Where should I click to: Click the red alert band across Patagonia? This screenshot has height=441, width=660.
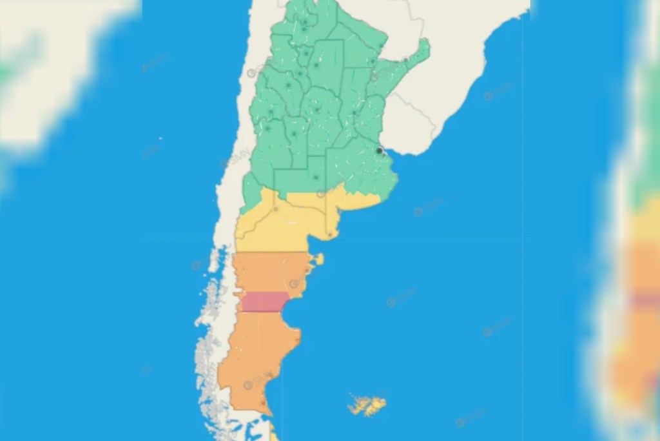(x=264, y=302)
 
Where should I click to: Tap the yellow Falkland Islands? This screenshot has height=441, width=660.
(x=367, y=405)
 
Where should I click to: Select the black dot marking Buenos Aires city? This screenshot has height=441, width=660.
(x=380, y=150)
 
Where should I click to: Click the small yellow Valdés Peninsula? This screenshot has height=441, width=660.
(x=318, y=259)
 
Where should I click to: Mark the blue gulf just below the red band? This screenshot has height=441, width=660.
(x=293, y=320)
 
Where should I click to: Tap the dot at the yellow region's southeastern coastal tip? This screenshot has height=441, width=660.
(x=329, y=234)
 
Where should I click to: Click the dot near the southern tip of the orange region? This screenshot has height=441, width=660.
(x=263, y=404)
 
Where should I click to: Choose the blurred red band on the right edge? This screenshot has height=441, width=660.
(x=645, y=300)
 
